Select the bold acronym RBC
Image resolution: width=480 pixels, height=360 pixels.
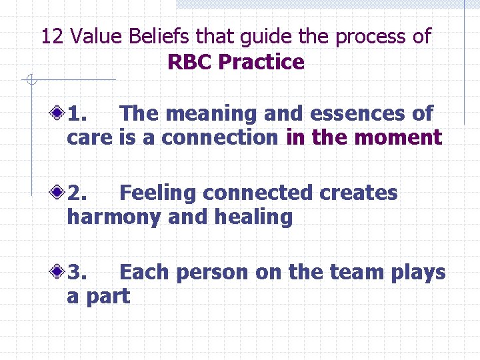click(x=191, y=62)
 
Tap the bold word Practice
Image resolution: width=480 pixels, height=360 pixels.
click(x=261, y=62)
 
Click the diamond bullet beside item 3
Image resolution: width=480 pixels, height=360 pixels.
click(x=60, y=272)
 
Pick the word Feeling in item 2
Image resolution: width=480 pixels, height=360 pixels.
click(x=158, y=193)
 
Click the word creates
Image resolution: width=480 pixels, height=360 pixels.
click(x=359, y=193)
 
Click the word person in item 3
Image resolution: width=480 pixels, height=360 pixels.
click(x=215, y=273)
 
